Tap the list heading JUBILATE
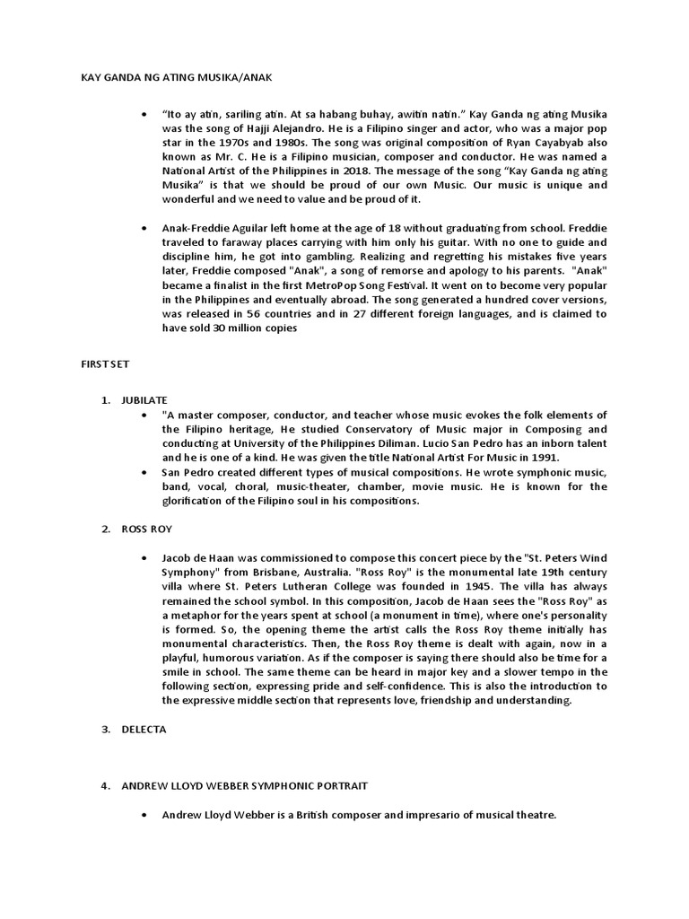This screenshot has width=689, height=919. (144, 399)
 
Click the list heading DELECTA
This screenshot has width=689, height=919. (144, 730)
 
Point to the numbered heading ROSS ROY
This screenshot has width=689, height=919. (145, 529)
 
